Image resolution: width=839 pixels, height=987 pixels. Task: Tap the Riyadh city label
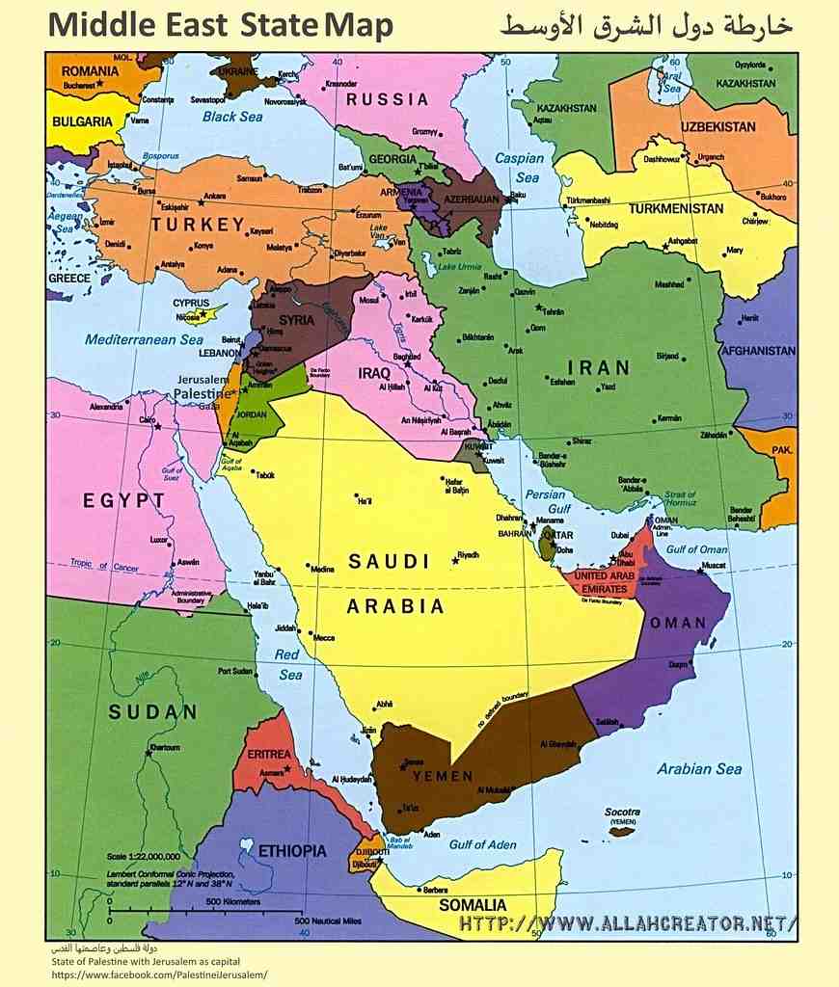tap(468, 555)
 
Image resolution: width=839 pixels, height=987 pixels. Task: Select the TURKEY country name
tap(198, 225)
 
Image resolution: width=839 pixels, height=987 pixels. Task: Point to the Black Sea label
tap(232, 117)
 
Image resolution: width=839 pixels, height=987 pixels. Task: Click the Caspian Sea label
tap(520, 167)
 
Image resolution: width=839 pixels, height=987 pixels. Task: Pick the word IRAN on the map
tap(598, 367)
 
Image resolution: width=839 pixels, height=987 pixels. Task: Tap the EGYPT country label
tap(123, 500)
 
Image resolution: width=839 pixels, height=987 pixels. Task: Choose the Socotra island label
tap(622, 813)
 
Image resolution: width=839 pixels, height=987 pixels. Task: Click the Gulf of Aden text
tap(482, 844)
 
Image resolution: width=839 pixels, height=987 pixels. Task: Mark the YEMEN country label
tap(443, 776)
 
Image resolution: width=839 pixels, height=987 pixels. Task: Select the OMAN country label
tap(678, 623)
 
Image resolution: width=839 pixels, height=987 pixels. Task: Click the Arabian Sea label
tap(699, 768)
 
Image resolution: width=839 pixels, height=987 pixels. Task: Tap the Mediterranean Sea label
tap(144, 339)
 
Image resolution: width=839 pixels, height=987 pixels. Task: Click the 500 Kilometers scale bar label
tap(233, 901)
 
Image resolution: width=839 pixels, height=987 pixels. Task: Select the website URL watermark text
tap(628, 923)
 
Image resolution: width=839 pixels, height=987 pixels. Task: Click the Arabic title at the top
tap(645, 26)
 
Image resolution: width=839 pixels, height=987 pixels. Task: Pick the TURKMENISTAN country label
tap(676, 208)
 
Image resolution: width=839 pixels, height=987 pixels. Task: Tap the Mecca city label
tap(324, 637)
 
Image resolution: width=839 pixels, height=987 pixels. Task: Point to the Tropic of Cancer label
tap(104, 565)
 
